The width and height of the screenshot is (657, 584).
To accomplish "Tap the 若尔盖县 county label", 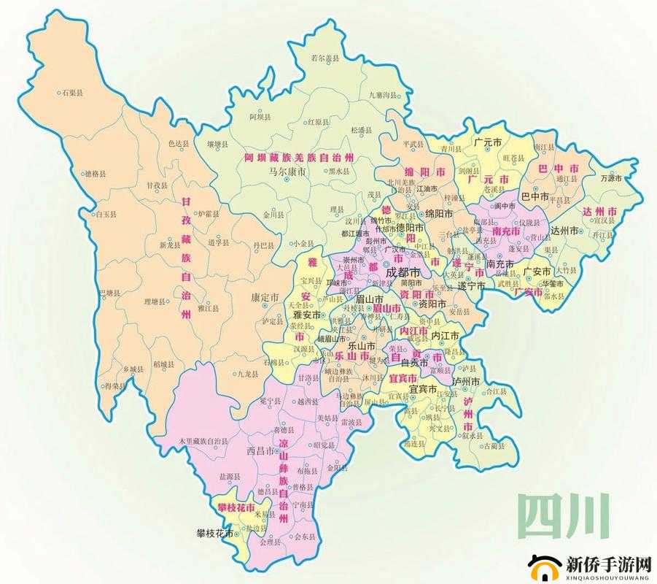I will (x=325, y=58).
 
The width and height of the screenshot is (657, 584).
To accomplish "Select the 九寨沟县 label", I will (x=385, y=95).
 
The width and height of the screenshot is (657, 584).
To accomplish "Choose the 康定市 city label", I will (x=265, y=298).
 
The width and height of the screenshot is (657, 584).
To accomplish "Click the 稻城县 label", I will (x=165, y=364).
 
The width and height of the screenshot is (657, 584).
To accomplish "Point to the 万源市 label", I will (x=611, y=178).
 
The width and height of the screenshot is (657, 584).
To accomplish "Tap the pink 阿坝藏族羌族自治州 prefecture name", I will (x=298, y=158).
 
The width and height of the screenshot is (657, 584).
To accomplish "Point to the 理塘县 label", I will (x=155, y=301).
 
